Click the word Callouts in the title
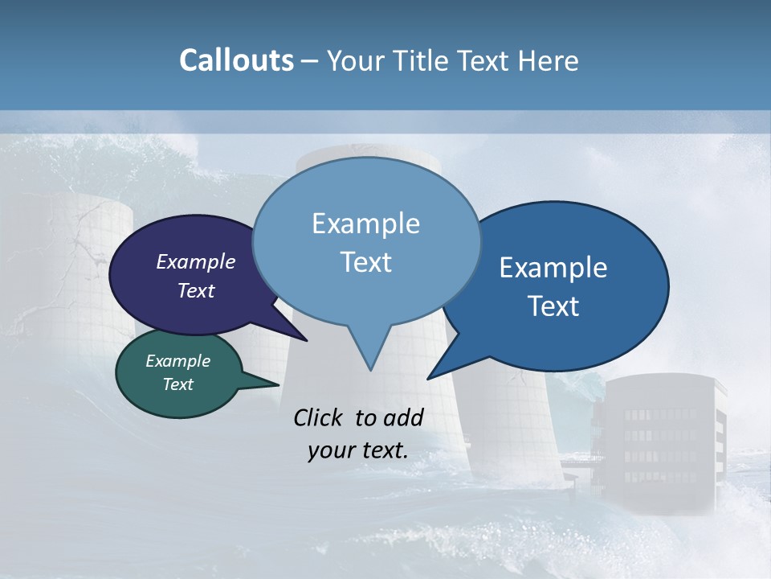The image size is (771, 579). click(236, 60)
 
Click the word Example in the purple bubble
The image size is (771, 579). click(195, 261)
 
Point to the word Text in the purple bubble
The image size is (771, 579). click(195, 290)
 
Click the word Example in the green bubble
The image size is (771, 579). click(177, 361)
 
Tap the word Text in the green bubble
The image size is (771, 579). click(177, 384)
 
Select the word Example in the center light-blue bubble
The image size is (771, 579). click(365, 224)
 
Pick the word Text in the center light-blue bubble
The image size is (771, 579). click(365, 262)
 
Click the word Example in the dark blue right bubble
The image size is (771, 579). click(553, 268)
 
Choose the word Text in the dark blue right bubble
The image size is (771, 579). click(553, 306)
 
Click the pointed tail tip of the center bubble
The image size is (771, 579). click(370, 369)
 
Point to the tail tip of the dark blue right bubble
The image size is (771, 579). click(430, 377)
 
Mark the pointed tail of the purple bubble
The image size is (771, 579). click(304, 339)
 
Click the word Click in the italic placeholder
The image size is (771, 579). click(320, 417)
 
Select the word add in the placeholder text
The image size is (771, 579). click(403, 417)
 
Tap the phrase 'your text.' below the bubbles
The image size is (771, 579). click(358, 450)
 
